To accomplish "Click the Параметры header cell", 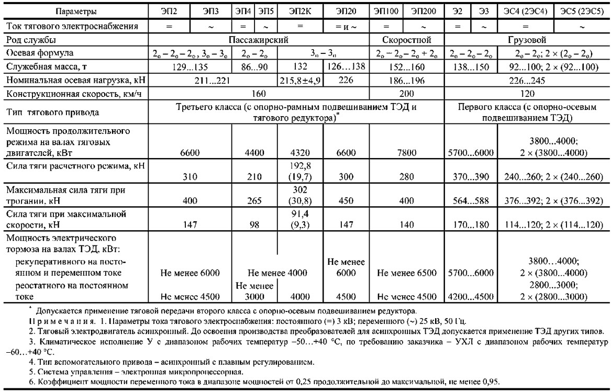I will pyautogui.click(x=74, y=10).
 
